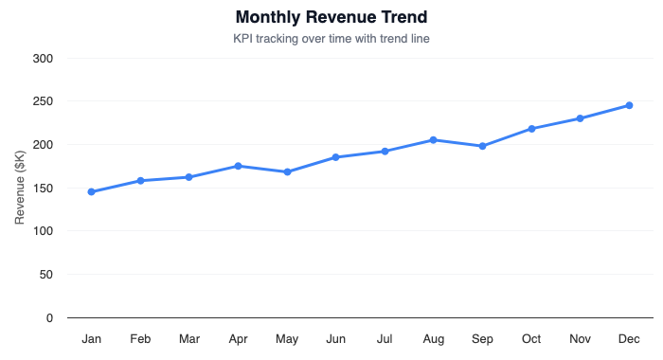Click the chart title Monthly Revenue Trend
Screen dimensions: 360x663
(x=331, y=17)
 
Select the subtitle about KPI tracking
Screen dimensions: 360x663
(x=331, y=39)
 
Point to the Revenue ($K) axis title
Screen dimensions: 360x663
(x=20, y=188)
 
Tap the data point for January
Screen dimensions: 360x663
(x=92, y=191)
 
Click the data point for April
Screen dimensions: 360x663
(x=238, y=166)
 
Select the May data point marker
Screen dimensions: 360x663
(x=287, y=171)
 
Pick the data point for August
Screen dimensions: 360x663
(x=433, y=140)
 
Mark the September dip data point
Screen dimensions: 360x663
(x=482, y=146)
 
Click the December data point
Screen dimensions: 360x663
(x=629, y=105)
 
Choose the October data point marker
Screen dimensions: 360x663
(x=531, y=129)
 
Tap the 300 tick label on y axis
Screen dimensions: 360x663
(x=44, y=59)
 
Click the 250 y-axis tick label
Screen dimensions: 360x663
(x=44, y=101)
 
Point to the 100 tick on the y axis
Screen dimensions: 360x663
(x=44, y=231)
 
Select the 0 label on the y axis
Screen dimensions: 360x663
(x=50, y=318)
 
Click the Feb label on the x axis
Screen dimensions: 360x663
(x=140, y=339)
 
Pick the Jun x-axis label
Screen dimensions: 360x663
(x=335, y=339)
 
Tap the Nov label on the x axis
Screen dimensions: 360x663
(x=580, y=339)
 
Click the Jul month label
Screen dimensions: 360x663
(x=385, y=339)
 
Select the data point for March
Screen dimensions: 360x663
(x=189, y=177)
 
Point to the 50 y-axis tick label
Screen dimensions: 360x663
(x=46, y=275)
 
